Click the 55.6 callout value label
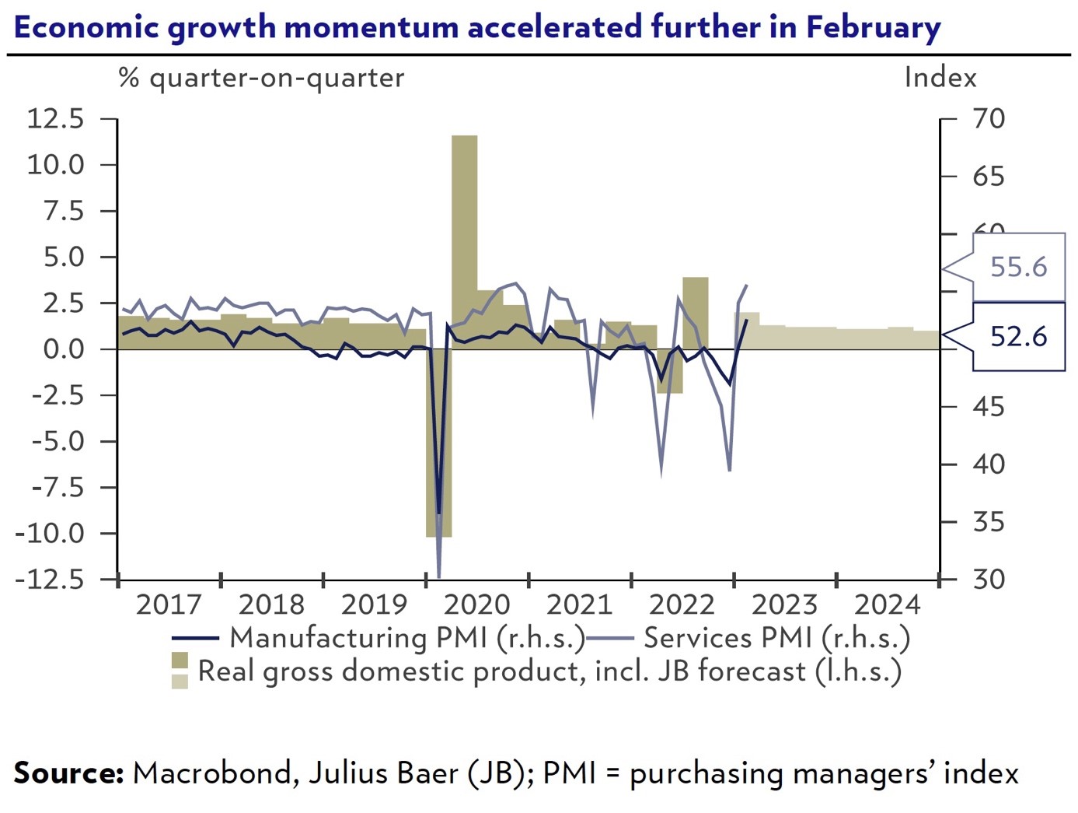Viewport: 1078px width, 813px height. tap(1018, 267)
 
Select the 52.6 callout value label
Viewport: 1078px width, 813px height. tap(1018, 336)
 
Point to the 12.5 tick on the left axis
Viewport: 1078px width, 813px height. tap(55, 119)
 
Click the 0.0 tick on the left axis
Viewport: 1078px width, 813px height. tap(63, 349)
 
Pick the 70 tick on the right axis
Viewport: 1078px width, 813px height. tap(989, 119)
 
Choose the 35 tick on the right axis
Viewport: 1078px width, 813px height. tap(989, 522)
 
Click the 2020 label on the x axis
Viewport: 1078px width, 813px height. tap(476, 604)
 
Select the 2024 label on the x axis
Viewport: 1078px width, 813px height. tap(887, 604)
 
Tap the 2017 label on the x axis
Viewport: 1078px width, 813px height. tap(169, 604)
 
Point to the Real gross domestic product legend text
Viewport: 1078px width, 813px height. tap(549, 671)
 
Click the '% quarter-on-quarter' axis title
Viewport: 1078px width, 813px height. tap(261, 78)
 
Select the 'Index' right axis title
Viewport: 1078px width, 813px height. tap(940, 78)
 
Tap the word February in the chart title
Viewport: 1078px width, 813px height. tap(873, 27)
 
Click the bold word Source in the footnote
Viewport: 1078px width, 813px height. tap(68, 773)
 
